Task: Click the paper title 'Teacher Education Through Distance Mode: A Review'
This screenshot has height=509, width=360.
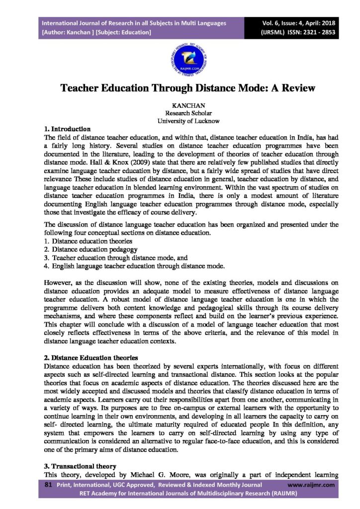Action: [x=180, y=88]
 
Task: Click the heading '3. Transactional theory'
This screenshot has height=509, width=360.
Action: [x=80, y=466]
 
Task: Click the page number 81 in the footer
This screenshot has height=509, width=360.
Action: [x=49, y=484]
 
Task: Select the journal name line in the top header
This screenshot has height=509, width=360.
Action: [x=134, y=23]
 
